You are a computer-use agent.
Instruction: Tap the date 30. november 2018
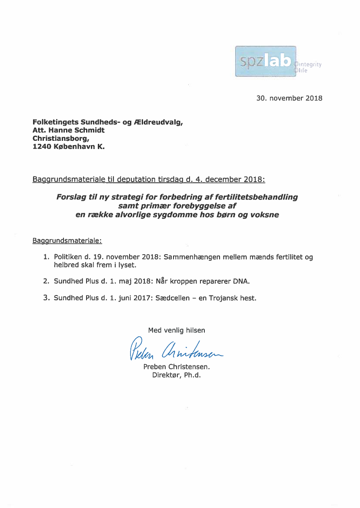click(x=290, y=98)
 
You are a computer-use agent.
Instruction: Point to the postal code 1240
click(x=41, y=147)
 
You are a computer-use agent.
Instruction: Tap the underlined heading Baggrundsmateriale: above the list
click(x=67, y=240)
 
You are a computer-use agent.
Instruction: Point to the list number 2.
click(x=46, y=281)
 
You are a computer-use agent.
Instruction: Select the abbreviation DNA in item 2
click(x=241, y=281)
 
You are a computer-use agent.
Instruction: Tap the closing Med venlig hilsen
click(x=177, y=330)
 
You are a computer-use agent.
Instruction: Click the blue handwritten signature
click(x=176, y=350)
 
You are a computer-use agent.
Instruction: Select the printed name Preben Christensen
click(x=177, y=367)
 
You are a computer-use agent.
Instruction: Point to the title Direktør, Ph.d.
click(x=176, y=375)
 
